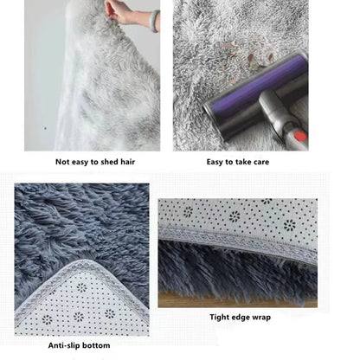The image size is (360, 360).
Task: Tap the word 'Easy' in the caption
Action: (218, 162)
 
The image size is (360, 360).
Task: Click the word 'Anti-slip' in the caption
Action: (64, 346)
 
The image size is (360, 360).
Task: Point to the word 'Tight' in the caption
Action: (220, 318)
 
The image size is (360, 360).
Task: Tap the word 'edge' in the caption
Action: (244, 318)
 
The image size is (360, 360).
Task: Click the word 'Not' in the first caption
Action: (63, 162)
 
